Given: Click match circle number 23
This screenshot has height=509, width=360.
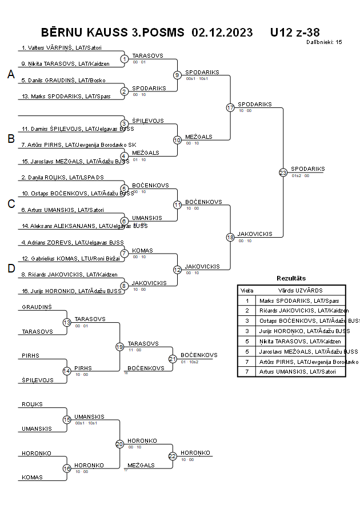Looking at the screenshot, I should coord(283,173).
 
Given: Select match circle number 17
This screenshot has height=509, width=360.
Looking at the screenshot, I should coord(230,107).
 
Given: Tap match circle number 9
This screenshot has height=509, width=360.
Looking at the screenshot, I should coord(177,75).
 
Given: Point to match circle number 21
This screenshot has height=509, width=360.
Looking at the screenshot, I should coord(173,359).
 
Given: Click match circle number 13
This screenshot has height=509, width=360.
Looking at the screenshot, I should coord(67,323).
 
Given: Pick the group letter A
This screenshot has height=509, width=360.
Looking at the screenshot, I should coord(10,74).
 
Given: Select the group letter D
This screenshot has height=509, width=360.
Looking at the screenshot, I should coord(10,268).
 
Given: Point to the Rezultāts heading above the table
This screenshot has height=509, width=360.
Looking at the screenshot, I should coord(291,278).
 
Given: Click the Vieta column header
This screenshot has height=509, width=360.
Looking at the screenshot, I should coord(247,290).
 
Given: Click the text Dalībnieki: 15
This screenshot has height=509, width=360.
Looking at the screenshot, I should coord(324,42).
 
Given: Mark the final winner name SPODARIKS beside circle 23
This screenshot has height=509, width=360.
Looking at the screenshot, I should coord(307,169).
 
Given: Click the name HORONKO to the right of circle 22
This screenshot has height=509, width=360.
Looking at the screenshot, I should coord(195,452).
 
